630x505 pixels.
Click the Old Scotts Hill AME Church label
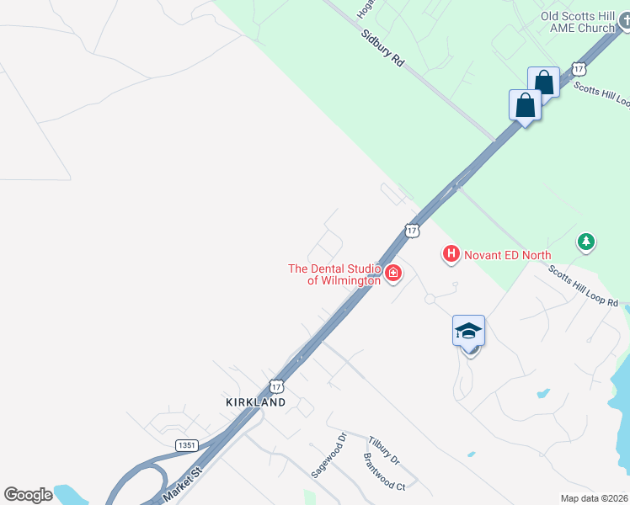[x=578, y=22]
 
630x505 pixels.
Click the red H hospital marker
[x=451, y=252]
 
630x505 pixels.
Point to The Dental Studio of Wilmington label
[x=334, y=274]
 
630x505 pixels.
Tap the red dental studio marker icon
[x=392, y=273]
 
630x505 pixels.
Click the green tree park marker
[x=586, y=242]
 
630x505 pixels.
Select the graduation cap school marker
[x=469, y=331]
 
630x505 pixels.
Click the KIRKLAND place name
[x=256, y=402]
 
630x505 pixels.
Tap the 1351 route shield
[x=188, y=444]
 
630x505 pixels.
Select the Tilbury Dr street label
[x=383, y=450]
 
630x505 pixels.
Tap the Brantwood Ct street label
[x=384, y=473]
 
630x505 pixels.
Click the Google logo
[x=28, y=495]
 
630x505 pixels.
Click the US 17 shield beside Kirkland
[x=277, y=386]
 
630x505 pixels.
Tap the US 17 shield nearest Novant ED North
[x=411, y=230]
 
